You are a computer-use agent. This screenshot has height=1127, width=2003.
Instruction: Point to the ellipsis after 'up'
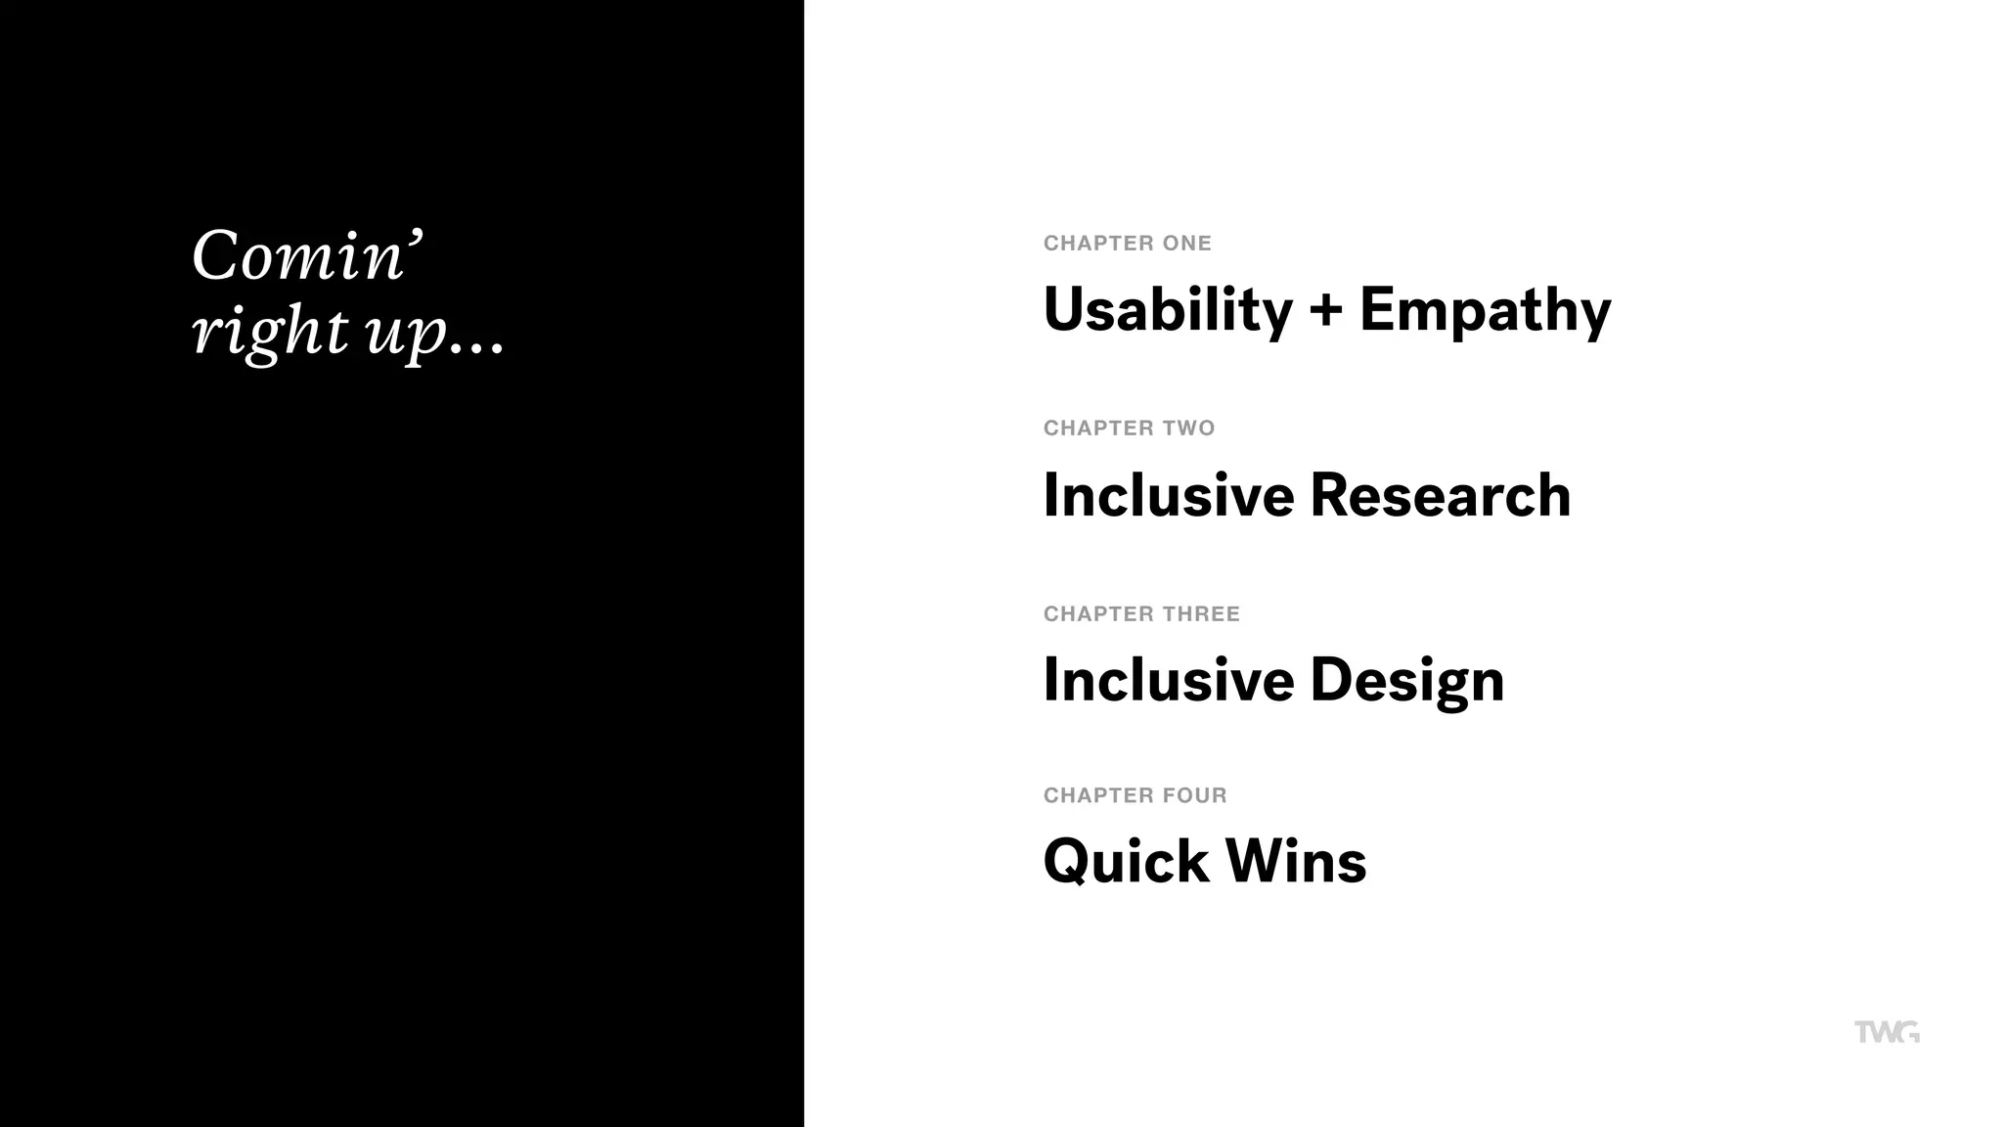(x=478, y=345)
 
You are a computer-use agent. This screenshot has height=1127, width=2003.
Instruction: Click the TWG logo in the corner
(x=1887, y=1032)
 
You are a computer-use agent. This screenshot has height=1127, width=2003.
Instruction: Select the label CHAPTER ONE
(x=1127, y=244)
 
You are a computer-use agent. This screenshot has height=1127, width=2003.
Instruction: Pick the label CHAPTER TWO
(x=1129, y=428)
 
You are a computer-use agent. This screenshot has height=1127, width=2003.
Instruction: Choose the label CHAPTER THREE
(x=1141, y=614)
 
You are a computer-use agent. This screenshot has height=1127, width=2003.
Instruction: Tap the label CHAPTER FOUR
(x=1135, y=795)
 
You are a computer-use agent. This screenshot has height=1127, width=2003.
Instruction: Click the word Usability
(x=1168, y=310)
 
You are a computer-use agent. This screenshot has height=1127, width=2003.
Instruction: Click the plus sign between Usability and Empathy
(x=1326, y=311)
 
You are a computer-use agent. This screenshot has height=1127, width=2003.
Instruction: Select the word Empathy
(x=1485, y=310)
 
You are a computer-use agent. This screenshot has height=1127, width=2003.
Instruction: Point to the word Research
(x=1440, y=495)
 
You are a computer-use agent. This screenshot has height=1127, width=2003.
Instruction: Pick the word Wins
(x=1296, y=862)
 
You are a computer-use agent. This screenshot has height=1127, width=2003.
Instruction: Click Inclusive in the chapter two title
(x=1168, y=495)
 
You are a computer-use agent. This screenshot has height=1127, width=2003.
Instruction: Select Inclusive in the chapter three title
(x=1168, y=680)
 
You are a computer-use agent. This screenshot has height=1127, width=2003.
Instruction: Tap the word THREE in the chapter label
(x=1201, y=614)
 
